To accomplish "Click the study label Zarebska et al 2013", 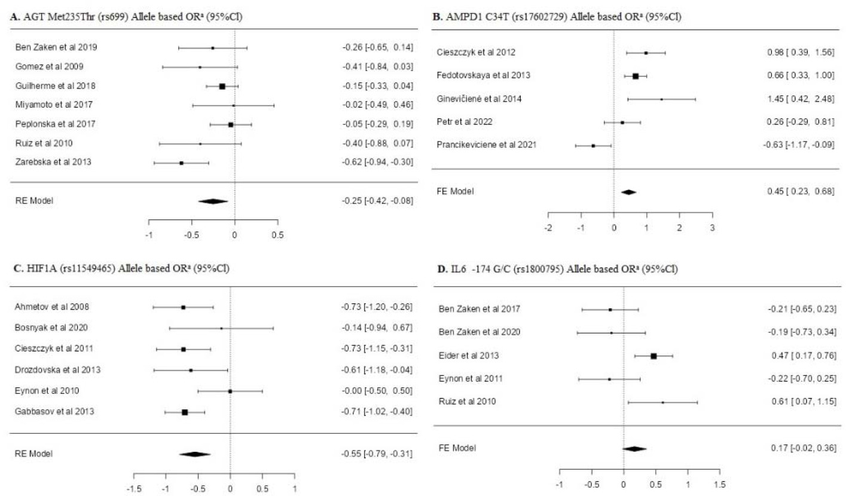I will pos(53,163).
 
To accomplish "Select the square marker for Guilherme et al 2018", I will pos(222,86).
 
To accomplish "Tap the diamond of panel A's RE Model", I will pos(213,201).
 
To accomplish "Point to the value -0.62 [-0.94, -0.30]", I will pos(373,163).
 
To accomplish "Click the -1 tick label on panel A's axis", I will pos(149,234).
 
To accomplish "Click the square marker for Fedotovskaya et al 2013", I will pos(636,76).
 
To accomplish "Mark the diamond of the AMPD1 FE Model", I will pos(628,192).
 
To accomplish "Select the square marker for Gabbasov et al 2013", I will pos(185,412).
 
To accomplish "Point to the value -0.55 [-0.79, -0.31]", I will pos(373,454).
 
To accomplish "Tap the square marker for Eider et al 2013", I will pos(653,356).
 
